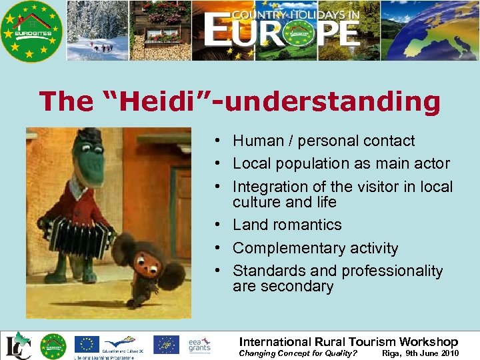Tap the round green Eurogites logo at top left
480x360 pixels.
coord(31,31)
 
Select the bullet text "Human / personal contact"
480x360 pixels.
coord(323,141)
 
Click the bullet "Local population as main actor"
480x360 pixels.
coord(341,163)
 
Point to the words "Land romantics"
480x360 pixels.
coord(287,225)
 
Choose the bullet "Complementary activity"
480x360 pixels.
coord(315,248)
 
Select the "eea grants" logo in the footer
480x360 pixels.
coord(199,344)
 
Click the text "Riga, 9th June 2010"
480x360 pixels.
coord(419,353)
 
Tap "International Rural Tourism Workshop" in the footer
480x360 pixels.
coord(349,341)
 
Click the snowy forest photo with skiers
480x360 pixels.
coord(97,31)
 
